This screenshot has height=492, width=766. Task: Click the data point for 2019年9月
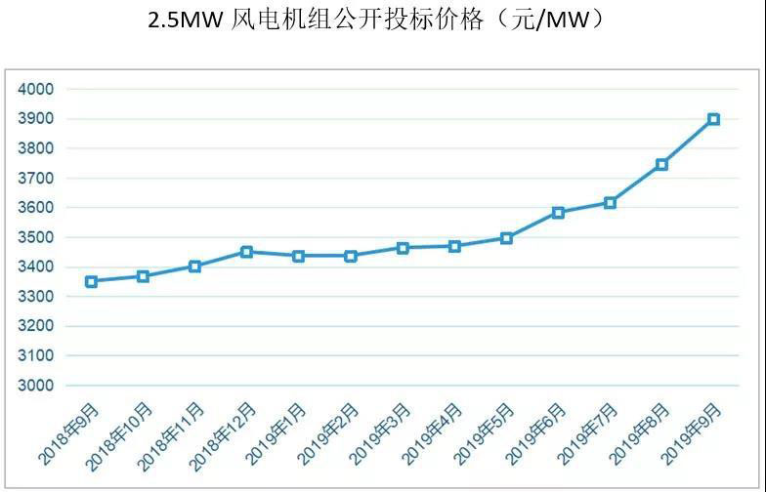(x=713, y=119)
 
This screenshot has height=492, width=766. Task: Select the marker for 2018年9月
(x=91, y=281)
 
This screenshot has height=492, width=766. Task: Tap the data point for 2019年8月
(x=661, y=165)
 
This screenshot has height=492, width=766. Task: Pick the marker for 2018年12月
(x=246, y=252)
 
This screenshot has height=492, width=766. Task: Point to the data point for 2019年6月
(x=558, y=213)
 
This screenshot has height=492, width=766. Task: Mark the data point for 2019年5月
(x=506, y=238)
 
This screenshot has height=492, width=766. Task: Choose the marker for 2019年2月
(x=351, y=256)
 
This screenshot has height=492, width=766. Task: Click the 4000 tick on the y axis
(x=36, y=89)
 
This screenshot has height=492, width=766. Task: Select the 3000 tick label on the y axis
(x=36, y=386)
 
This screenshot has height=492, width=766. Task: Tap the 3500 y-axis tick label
(x=36, y=237)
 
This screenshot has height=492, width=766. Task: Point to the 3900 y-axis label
(x=36, y=119)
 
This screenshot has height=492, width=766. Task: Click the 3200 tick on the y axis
(x=36, y=326)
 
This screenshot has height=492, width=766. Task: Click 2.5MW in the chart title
(x=185, y=20)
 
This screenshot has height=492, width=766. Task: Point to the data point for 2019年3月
(x=403, y=248)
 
